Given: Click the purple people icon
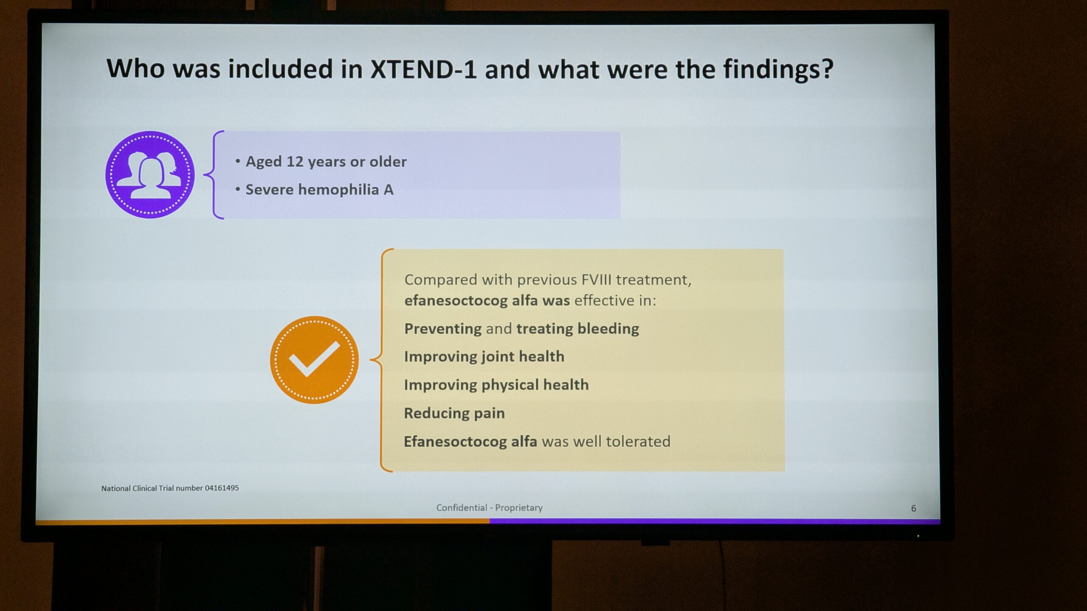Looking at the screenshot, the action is (150, 174).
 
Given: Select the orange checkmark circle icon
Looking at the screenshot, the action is (314, 360).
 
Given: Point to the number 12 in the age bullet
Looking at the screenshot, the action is (295, 162).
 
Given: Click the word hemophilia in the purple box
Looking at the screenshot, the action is (338, 189).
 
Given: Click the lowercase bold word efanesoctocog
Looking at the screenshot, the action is (456, 300).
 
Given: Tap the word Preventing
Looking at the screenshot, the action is (443, 329).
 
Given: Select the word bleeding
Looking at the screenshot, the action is (608, 329).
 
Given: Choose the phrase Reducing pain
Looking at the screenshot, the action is (454, 413).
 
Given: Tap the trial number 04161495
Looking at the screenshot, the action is (222, 488).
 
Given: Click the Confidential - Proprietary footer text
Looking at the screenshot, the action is (489, 507).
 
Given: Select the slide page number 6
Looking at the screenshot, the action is (913, 508).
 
